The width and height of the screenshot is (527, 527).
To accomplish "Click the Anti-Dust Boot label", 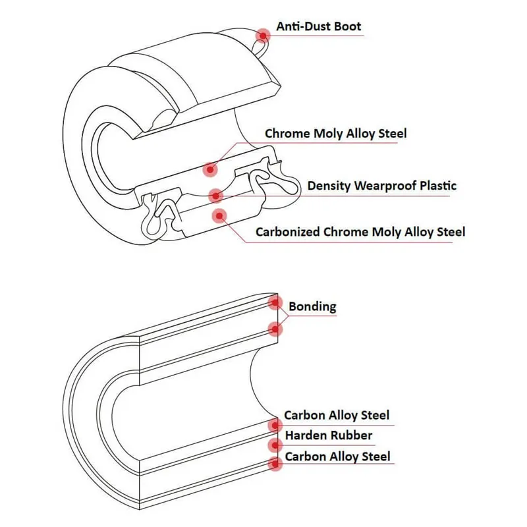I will (318, 26).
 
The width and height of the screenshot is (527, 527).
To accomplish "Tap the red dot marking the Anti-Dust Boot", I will (264, 35).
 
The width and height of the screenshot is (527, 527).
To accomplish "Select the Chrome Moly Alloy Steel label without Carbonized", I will (335, 134).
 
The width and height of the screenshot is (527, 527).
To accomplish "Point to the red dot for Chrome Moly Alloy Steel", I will (211, 169).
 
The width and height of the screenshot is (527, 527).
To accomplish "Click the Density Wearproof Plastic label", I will (381, 186).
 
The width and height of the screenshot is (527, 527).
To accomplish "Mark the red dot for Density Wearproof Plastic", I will (215, 195).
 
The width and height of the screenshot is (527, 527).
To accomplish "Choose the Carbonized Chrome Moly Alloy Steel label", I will (360, 232).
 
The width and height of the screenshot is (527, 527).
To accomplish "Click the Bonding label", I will (312, 306).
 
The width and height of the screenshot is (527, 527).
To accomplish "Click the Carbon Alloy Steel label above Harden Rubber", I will (336, 415).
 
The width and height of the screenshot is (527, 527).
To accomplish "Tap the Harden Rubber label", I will (328, 435).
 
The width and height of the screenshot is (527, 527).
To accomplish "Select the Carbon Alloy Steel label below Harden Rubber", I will (337, 457).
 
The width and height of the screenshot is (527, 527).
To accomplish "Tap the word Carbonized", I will (288, 232).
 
